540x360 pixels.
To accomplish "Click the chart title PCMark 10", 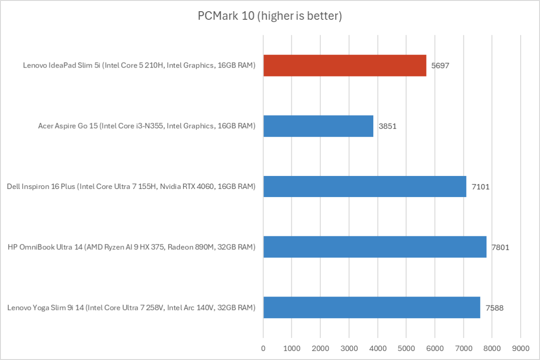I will point(270,16).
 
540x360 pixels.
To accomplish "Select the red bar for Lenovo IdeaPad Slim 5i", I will point(345,65).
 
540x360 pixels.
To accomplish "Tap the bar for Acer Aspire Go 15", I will point(318,126).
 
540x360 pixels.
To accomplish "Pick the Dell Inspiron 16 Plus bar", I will point(365,186).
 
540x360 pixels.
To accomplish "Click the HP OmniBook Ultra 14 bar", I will point(375,247).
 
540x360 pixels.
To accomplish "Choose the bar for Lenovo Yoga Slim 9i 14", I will point(372,307).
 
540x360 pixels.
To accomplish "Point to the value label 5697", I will point(440,66).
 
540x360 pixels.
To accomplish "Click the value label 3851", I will point(387,126).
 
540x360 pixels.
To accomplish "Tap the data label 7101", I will point(480,187).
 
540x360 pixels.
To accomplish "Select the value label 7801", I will point(500,247).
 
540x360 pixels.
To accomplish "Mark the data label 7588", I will point(494,308).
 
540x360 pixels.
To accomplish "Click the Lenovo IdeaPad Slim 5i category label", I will point(139,66).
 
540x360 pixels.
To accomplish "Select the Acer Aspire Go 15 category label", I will point(147,126).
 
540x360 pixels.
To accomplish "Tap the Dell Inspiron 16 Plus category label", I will point(131,187).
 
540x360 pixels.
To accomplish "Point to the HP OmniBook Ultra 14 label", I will point(132,247).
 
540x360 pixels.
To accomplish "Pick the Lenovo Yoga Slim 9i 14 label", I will point(131,308).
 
